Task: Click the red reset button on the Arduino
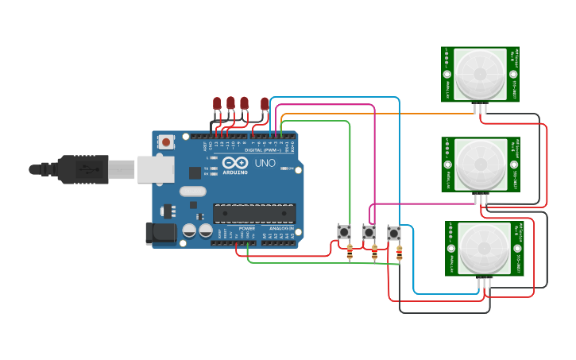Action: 166,142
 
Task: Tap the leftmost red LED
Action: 217,103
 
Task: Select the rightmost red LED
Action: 265,103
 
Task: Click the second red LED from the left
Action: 230,103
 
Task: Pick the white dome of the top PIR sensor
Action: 481,74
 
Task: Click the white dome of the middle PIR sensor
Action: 481,165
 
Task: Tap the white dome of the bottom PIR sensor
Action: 484,249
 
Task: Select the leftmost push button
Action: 344,232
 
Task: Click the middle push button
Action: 369,232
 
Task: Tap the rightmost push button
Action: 394,234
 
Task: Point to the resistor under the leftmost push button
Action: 350,252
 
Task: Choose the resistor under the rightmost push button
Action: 399,253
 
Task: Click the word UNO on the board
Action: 265,163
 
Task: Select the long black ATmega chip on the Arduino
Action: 254,213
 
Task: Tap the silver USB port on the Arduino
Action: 156,169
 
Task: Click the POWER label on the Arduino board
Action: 247,228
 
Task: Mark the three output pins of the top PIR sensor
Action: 481,108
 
